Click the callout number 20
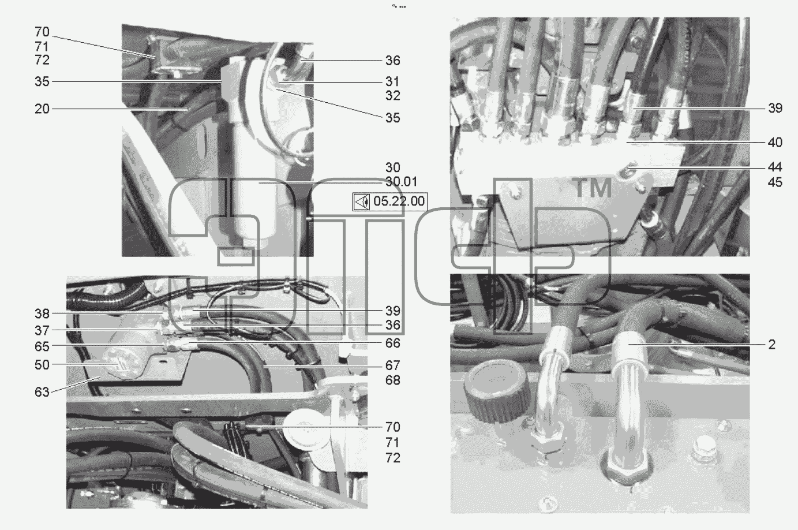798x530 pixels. pos(42,109)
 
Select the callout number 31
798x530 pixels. pos(392,81)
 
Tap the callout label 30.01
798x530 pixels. pos(401,182)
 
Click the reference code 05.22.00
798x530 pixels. pos(399,201)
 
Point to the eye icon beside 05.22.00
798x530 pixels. pos(362,202)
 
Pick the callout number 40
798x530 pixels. pos(775,143)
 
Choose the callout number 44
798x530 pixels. pos(775,167)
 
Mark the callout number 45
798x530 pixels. pos(775,182)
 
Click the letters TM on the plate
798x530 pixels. pos(592,188)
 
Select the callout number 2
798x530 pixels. pos(771,345)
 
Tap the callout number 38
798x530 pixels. pos(42,313)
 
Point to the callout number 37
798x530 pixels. pos(42,330)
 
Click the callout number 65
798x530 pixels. pos(42,346)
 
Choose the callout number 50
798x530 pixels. pos(42,365)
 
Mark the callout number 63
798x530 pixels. pos(42,392)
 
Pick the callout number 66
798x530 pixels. pos(392,343)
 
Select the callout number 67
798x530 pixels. pos(392,365)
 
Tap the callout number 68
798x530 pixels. pos(392,380)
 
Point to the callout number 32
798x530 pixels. pos(392,95)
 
